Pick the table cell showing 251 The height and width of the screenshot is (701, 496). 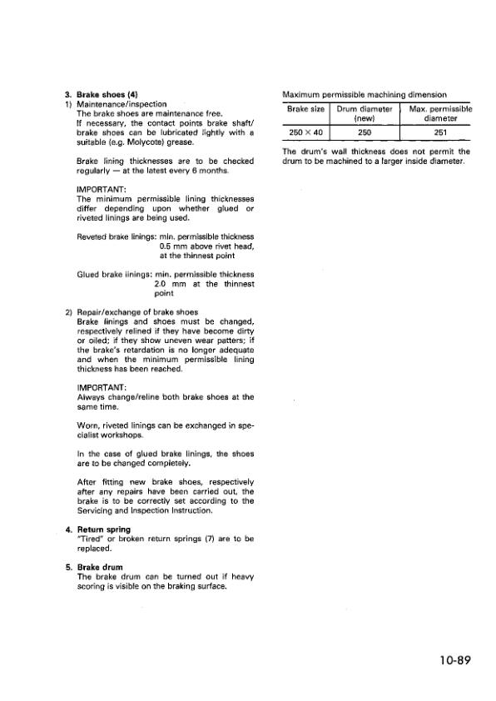[440, 133]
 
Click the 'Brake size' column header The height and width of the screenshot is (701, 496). [305, 109]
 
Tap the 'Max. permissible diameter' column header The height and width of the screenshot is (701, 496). [441, 114]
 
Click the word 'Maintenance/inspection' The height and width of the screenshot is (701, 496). [122, 104]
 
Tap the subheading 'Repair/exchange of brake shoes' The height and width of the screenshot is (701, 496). [137, 312]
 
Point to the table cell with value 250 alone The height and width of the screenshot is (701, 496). [364, 133]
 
